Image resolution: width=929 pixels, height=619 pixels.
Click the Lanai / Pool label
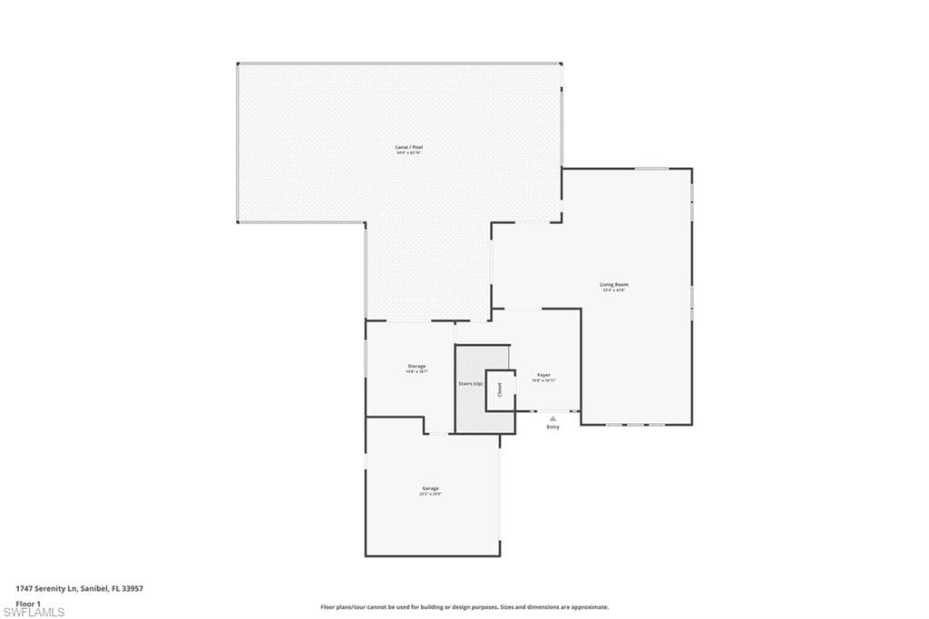408,147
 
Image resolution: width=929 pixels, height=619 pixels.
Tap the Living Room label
614,285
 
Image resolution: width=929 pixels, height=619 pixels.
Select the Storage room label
416,366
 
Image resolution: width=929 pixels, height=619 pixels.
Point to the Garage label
430,488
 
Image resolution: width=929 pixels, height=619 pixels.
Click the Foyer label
543,375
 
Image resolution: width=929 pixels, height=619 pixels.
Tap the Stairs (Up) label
470,384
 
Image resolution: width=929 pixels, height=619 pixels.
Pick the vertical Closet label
499,389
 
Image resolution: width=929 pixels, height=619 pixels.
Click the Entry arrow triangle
553,418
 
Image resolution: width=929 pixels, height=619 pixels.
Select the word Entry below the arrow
553,427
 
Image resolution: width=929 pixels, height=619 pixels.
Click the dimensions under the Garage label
430,495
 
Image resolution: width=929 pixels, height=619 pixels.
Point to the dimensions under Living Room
614,290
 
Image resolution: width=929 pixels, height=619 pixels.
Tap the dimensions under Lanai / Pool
408,152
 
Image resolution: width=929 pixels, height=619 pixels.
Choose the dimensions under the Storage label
416,371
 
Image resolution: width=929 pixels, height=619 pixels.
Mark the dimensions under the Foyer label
543,380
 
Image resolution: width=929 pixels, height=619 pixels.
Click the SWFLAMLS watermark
34,612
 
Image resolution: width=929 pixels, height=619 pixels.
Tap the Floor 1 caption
29,603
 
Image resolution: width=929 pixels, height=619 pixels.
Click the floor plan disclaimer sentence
464,606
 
